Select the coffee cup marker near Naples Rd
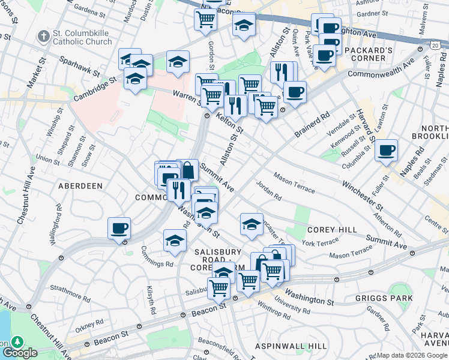(386, 150)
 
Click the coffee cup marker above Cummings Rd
(119, 228)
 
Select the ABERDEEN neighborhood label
(80, 186)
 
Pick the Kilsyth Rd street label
(151, 301)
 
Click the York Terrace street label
(321, 243)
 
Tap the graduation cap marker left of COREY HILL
(252, 224)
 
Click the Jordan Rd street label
(269, 191)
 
